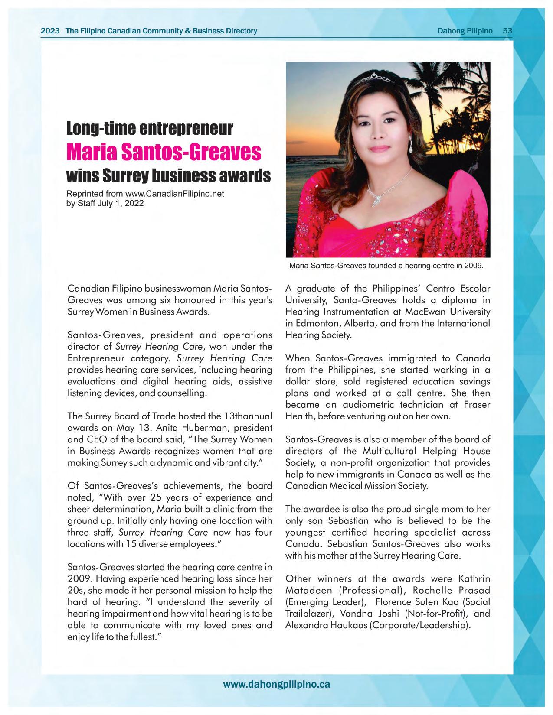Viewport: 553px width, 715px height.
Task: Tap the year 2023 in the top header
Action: (50, 31)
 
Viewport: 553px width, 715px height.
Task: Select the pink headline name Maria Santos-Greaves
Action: (164, 152)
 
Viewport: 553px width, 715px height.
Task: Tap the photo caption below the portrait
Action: (386, 265)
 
